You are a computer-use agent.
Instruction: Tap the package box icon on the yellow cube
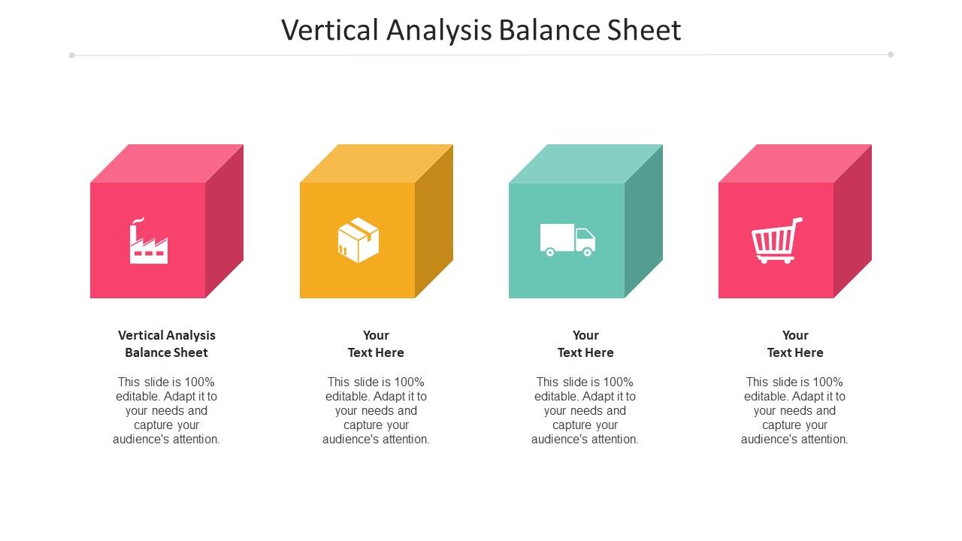(358, 240)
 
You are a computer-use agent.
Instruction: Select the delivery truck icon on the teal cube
(567, 240)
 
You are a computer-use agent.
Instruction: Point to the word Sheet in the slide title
(643, 30)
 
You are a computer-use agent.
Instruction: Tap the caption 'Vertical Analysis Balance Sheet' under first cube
(166, 343)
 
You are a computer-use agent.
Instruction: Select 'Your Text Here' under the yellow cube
(376, 343)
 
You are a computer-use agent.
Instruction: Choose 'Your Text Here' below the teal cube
(585, 343)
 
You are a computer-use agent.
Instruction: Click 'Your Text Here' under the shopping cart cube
(795, 343)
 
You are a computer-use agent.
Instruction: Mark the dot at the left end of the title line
(72, 55)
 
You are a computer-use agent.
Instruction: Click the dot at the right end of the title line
(891, 54)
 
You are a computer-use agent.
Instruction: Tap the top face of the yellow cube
(377, 163)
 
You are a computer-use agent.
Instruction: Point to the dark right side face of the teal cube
(643, 221)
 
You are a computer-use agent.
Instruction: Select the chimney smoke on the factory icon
(137, 221)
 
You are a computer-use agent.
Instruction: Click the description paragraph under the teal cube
(585, 410)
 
